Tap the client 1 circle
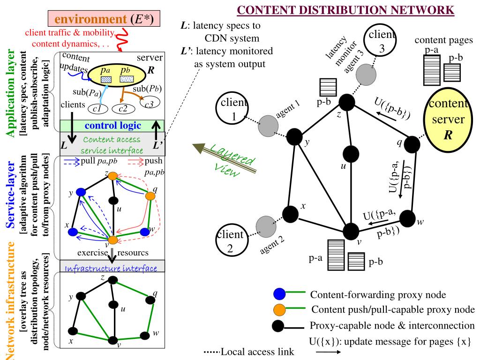tap(232, 109)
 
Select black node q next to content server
tap(412, 144)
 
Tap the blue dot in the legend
tap(279, 294)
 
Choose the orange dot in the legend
tap(279, 309)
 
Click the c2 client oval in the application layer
tap(123, 109)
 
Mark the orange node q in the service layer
tap(150, 196)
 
